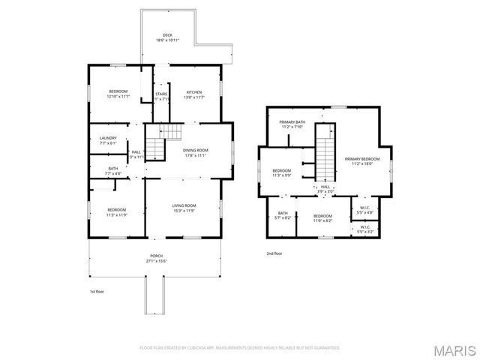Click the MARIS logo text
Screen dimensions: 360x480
point(454,350)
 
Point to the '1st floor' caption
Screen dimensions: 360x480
point(97,290)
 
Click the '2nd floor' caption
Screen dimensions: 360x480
point(275,253)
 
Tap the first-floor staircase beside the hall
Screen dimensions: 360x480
point(155,147)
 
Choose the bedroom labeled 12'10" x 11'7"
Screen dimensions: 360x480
point(118,94)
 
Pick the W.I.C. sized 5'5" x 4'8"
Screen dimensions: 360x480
point(364,210)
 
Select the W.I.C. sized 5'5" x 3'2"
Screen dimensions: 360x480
point(364,228)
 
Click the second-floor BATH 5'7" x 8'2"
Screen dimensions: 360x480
point(283,216)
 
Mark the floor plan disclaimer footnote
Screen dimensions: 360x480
point(240,348)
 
